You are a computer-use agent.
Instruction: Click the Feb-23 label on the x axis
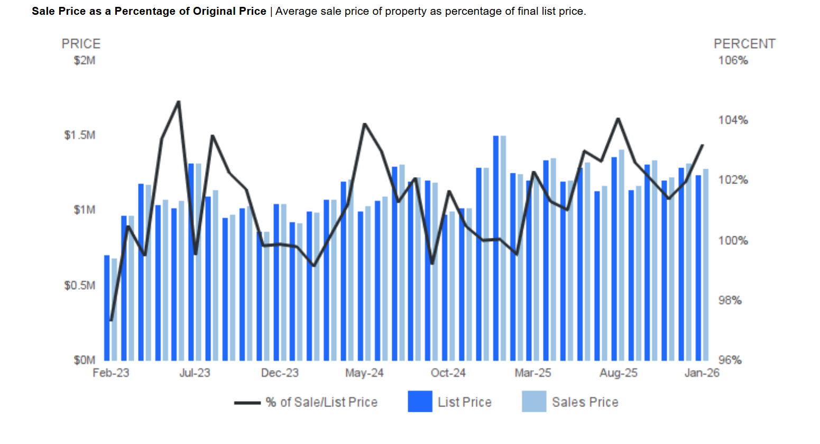[110, 373]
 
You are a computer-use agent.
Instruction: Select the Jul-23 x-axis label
[195, 373]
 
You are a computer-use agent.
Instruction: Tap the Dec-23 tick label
[280, 373]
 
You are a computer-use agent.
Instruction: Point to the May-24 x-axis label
[364, 373]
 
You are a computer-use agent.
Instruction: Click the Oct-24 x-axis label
[448, 373]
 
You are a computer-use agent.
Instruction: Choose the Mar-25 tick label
[533, 373]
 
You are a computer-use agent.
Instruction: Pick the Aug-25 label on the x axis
[619, 373]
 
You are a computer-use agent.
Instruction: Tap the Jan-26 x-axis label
[702, 373]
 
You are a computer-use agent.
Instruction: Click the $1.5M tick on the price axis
[80, 135]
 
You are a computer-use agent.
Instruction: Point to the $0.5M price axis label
[80, 285]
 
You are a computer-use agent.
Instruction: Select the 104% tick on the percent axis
[733, 121]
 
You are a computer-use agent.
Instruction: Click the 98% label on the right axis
[730, 301]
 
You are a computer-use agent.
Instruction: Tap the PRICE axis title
[81, 44]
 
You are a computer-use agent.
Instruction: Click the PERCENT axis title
[744, 44]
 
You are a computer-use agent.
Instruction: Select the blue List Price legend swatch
[420, 402]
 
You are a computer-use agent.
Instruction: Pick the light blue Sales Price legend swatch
[533, 402]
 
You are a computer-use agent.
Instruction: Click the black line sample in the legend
[247, 403]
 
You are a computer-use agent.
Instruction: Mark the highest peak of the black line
[179, 101]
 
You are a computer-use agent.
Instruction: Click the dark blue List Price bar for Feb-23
[107, 308]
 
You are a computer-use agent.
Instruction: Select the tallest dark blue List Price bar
[496, 248]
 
